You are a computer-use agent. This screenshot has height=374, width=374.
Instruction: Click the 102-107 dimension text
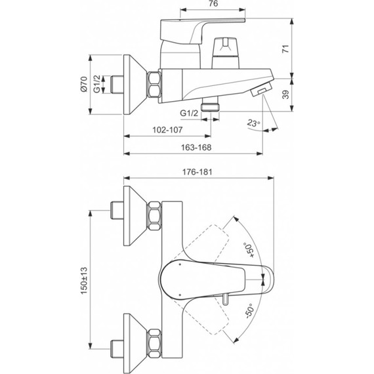pos(167,130)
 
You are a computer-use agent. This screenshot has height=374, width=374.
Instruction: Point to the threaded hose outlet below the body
pos(211,105)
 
